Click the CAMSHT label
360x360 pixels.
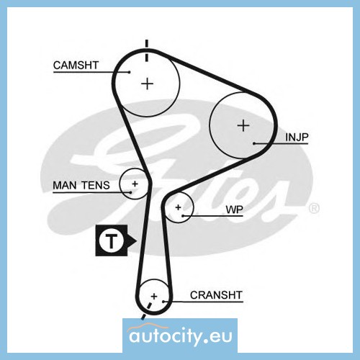tap(76, 65)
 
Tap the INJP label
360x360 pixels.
tap(297, 137)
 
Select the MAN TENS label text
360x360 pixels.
tap(81, 185)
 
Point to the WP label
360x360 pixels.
tap(234, 210)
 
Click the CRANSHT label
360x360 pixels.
tap(216, 295)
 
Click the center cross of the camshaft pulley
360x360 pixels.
tap(147, 84)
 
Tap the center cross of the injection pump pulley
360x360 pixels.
tap(243, 125)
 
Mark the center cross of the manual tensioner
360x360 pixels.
tap(135, 184)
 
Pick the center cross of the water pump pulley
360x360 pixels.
tap(178, 207)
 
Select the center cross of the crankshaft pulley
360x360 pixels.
tap(154, 296)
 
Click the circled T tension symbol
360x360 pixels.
tap(111, 240)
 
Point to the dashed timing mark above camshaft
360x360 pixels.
tap(147, 50)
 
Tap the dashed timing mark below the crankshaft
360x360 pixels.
tap(146, 311)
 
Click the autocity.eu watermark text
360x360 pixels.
tap(181, 336)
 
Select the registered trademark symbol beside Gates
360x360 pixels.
tap(314, 208)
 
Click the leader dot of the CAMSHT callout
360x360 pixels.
tap(130, 72)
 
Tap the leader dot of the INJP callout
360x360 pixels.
tap(254, 143)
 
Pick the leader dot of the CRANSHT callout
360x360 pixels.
tap(163, 302)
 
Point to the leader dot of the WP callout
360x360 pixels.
tap(183, 216)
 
